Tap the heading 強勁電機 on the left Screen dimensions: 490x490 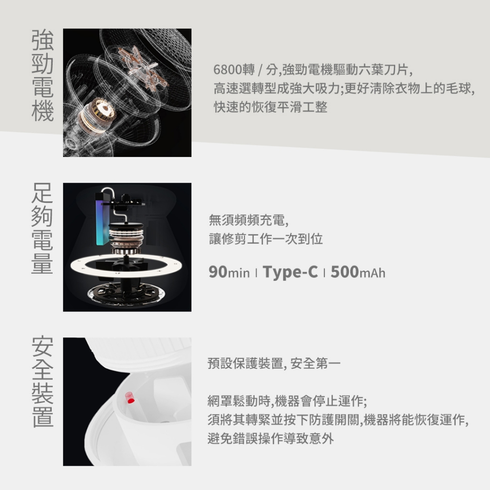pyautogui.click(x=43, y=75)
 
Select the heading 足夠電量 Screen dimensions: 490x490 pyautogui.click(x=43, y=228)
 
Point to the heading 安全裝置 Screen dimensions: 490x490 pyautogui.click(x=43, y=381)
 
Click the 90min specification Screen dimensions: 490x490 pyautogui.click(x=229, y=272)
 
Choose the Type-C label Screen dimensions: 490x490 pyautogui.click(x=290, y=272)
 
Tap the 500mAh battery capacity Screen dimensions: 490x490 pyautogui.click(x=358, y=272)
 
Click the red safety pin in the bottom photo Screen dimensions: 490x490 pyautogui.click(x=130, y=398)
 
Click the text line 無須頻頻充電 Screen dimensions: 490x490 pyautogui.click(x=249, y=220)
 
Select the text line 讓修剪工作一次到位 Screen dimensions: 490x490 pyautogui.click(x=266, y=239)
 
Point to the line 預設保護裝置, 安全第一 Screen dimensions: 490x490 pyautogui.click(x=274, y=364)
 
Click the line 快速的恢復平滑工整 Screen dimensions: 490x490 pyautogui.click(x=271, y=107)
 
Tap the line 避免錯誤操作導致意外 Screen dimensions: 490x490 pyautogui.click(x=271, y=438)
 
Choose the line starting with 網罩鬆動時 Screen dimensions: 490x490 pyautogui.click(x=288, y=401)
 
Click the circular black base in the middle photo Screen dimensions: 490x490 pyautogui.click(x=126, y=293)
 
